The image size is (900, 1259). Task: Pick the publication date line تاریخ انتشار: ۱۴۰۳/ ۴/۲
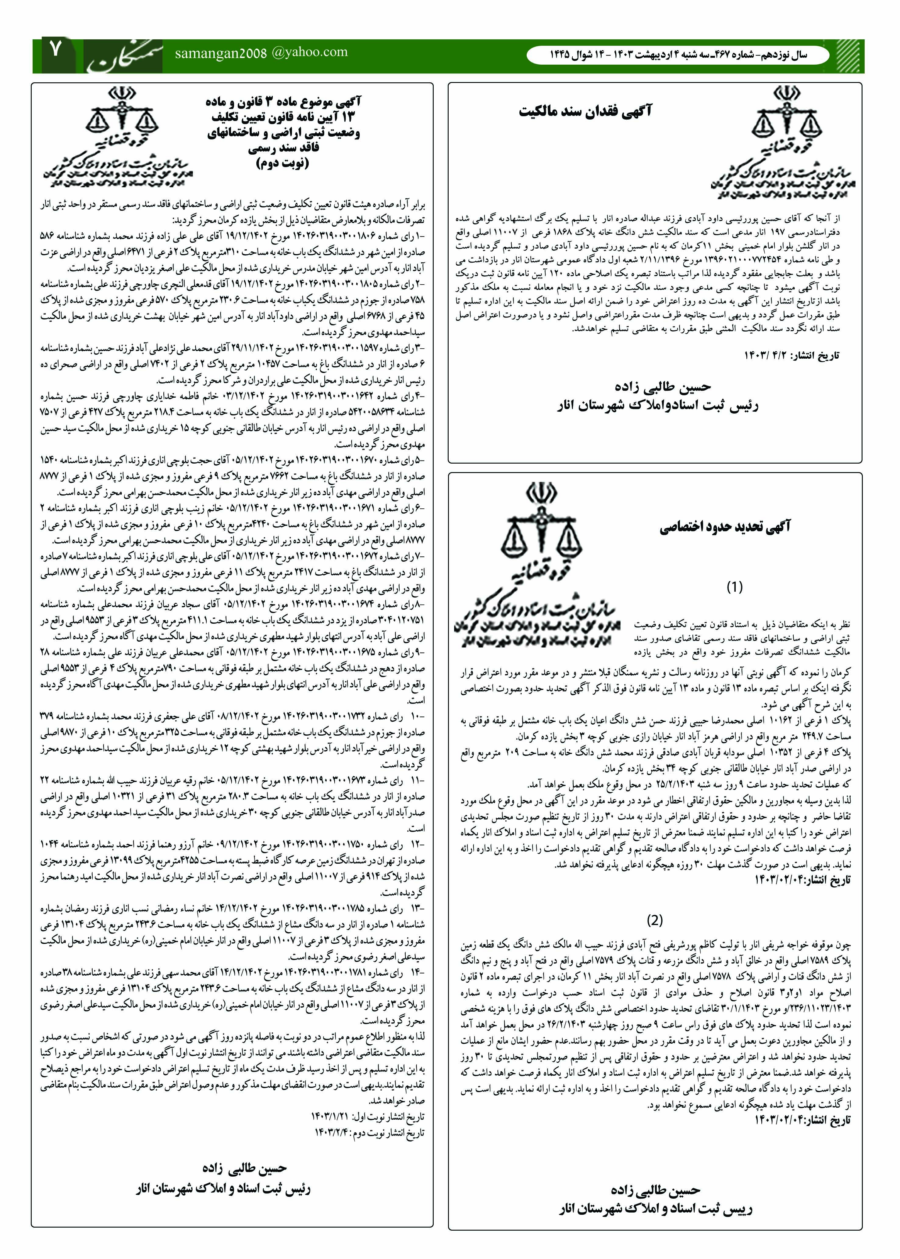click(x=792, y=355)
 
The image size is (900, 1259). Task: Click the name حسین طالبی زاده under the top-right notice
click(x=662, y=386)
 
